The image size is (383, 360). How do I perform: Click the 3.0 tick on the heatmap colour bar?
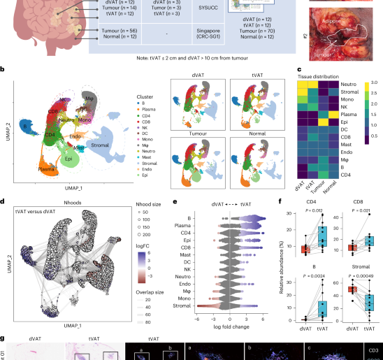tap(375, 82)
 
